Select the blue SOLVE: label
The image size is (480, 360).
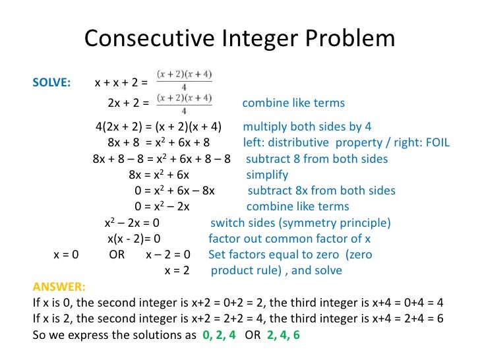point(51,83)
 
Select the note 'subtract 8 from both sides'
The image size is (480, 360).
point(316,159)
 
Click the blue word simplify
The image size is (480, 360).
point(267,175)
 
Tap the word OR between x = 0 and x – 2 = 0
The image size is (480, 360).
point(117,255)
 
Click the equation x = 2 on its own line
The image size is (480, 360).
point(177,270)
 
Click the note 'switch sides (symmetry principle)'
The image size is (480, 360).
point(300,223)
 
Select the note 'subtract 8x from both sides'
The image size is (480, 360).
point(322,191)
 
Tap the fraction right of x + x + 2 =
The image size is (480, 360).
point(185,81)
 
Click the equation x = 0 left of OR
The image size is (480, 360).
point(65,255)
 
